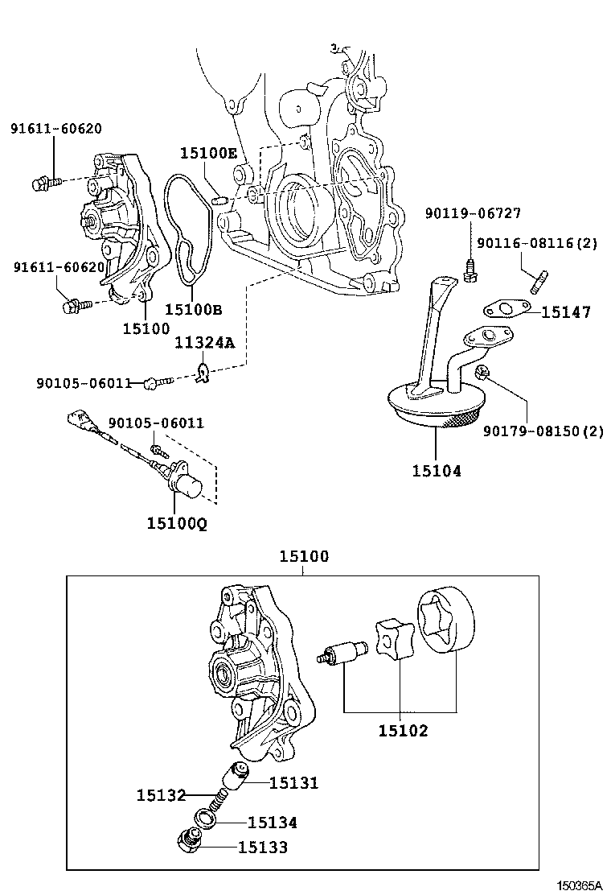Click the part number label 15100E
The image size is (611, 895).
(208, 153)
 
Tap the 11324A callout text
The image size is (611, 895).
(205, 344)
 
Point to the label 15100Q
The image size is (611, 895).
(177, 523)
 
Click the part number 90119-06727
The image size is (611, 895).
(473, 213)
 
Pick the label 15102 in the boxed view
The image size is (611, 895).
(403, 731)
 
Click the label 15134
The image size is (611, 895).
(273, 823)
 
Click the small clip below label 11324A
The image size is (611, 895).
(203, 373)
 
